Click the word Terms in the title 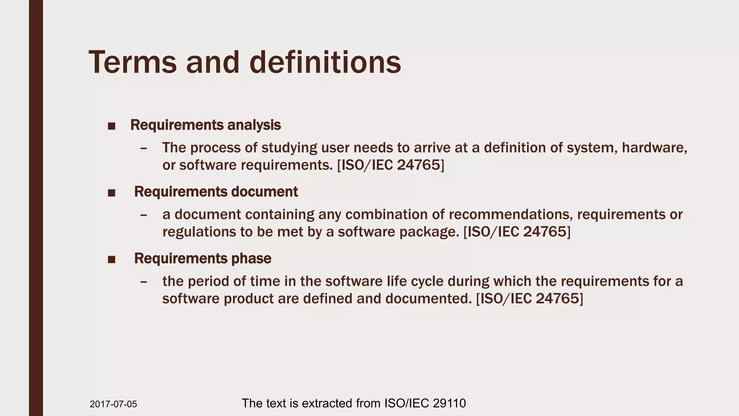133,62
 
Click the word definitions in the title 325,62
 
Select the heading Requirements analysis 205,125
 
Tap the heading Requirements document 216,192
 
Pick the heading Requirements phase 202,259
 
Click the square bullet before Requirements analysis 111,126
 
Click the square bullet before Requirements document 111,193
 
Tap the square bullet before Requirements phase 111,260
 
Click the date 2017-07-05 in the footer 113,404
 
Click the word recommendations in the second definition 511,214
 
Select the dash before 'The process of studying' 144,148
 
